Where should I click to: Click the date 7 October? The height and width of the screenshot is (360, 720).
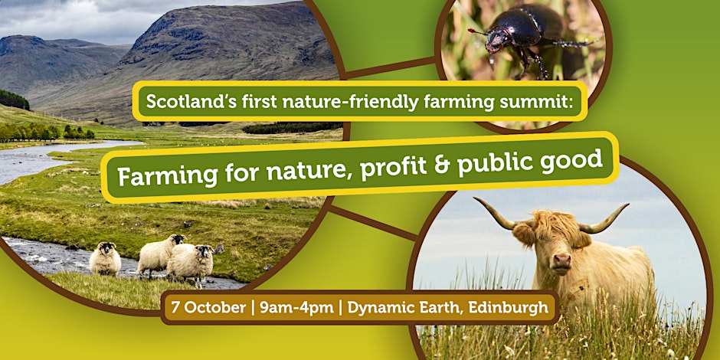point(208,307)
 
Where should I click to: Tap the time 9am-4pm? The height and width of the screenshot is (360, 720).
point(296,307)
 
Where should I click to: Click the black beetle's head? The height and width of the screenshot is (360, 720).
point(497,41)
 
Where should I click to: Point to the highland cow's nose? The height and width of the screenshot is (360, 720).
point(561,261)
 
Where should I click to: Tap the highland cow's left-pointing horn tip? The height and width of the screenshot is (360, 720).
point(475,198)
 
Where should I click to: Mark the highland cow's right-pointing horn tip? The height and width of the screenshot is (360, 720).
point(627,205)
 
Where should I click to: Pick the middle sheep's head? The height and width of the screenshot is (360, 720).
point(177,240)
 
